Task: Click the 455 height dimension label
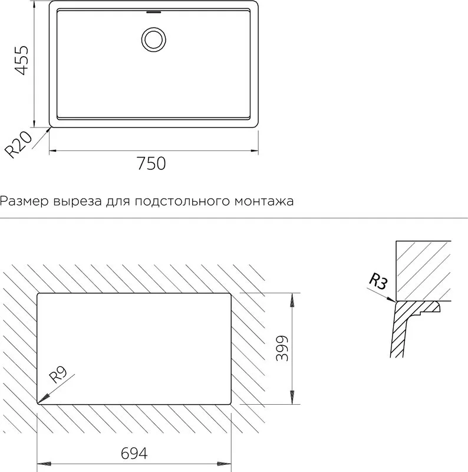(x=22, y=60)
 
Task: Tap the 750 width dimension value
(x=151, y=163)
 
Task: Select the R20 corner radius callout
(x=19, y=145)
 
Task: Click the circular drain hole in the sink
(x=154, y=40)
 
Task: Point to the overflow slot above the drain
(x=154, y=12)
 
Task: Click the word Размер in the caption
(x=24, y=201)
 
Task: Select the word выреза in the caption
(x=78, y=201)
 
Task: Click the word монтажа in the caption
(x=264, y=201)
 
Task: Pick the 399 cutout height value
(x=282, y=348)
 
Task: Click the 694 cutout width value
(x=134, y=453)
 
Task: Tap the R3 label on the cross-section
(x=378, y=281)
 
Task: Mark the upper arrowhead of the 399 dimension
(x=291, y=300)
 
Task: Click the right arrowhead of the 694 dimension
(x=224, y=464)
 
